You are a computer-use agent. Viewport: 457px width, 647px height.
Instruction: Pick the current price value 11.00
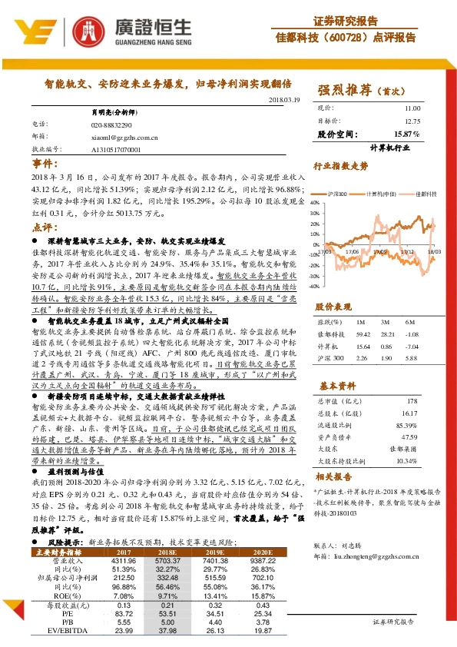tap(412, 109)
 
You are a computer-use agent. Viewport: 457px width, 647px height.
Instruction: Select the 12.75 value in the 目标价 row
tap(412, 121)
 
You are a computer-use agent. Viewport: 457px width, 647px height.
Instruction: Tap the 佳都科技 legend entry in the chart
tap(423, 194)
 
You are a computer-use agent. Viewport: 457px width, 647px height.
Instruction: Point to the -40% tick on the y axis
tap(313, 284)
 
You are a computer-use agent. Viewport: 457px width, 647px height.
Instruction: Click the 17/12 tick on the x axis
tap(408, 251)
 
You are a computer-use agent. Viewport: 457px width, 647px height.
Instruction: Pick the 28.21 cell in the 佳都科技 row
tap(388, 334)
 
